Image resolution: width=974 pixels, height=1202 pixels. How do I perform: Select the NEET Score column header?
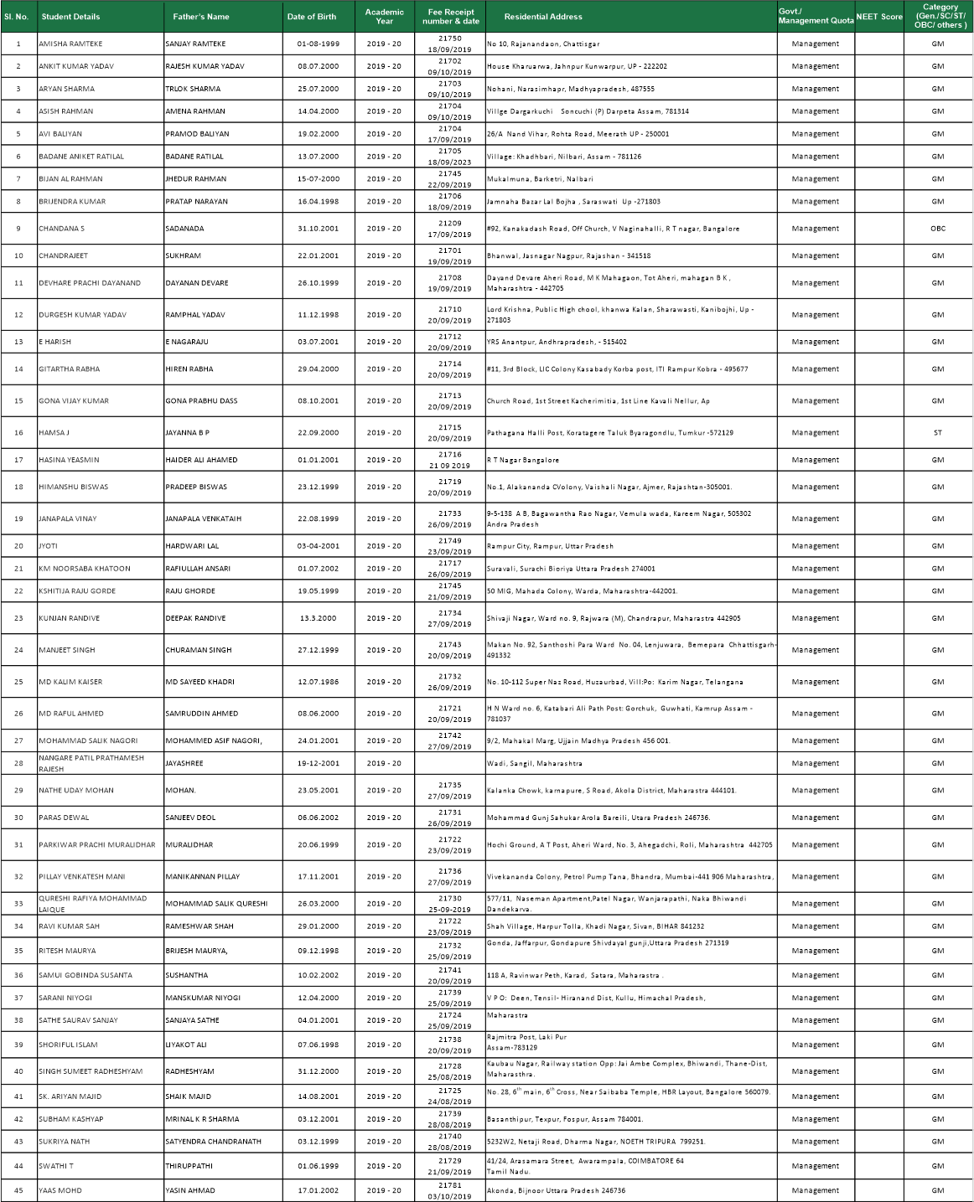point(878,17)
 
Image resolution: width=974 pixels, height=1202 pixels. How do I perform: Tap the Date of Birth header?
point(312,17)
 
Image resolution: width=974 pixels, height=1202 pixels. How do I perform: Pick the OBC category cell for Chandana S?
point(937,229)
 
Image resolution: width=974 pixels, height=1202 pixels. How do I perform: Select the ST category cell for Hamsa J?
point(937,433)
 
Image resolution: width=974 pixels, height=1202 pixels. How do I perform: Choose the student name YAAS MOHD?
point(60,1190)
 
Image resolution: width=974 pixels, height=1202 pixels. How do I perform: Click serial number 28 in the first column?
point(18,763)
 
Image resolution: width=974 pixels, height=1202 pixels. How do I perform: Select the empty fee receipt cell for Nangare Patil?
point(450,763)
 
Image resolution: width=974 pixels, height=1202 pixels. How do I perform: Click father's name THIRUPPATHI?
point(189,1166)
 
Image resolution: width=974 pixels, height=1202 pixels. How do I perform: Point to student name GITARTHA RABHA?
point(69,369)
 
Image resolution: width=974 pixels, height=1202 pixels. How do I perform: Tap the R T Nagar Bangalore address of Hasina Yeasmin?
point(523,460)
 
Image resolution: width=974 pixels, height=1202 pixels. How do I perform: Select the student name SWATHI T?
point(56,1166)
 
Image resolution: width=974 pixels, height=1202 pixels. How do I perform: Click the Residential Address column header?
point(543,17)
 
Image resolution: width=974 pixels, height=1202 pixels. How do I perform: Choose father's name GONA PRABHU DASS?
point(201,401)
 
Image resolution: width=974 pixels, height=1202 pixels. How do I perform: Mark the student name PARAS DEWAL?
point(64,818)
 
